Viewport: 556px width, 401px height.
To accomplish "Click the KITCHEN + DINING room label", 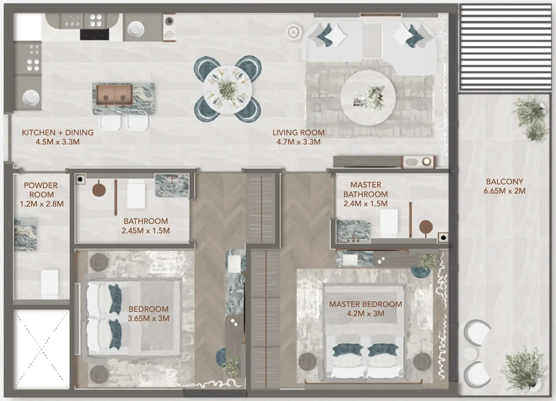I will point(58,133).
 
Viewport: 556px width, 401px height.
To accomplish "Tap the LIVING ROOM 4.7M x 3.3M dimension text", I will point(298,142).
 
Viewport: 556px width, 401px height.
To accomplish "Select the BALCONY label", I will point(504,182).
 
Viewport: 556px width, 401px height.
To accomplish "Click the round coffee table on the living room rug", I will point(368,98).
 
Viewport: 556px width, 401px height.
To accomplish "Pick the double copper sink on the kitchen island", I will point(114,95).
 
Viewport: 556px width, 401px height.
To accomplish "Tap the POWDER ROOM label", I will point(41,190).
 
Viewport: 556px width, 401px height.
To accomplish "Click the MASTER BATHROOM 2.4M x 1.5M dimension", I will point(365,204).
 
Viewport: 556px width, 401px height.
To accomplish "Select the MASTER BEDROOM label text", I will point(365,304).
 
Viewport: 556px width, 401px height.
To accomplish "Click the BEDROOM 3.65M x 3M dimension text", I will point(148,318).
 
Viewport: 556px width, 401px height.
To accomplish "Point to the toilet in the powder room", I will point(50,284).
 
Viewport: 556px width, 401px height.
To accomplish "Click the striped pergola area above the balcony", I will point(505,48).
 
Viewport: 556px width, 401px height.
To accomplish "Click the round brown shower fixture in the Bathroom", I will point(99,190).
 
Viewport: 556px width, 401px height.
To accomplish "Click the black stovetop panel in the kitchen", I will point(94,35).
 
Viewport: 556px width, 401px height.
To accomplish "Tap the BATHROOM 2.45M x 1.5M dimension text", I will point(145,231).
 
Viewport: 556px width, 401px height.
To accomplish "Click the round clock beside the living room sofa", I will point(294,32).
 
